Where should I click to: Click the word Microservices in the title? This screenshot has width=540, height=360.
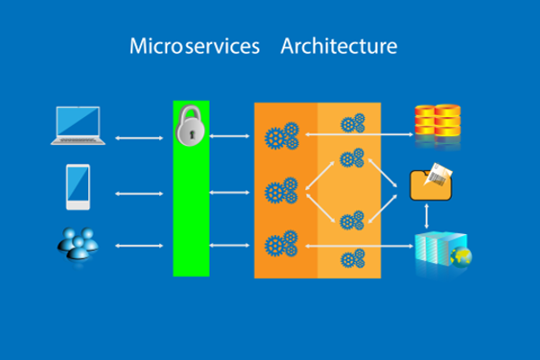(x=194, y=46)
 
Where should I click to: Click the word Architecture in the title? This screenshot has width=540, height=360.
(x=339, y=46)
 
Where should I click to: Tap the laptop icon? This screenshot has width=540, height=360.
(x=78, y=125)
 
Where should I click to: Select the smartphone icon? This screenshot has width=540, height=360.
(x=78, y=186)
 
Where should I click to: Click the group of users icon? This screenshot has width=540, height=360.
(x=78, y=244)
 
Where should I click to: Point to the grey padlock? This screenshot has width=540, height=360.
(x=190, y=125)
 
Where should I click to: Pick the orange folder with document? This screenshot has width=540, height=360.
(x=431, y=182)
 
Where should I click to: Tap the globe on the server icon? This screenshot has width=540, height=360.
(x=461, y=257)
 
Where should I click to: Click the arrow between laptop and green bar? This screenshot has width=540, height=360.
(x=139, y=138)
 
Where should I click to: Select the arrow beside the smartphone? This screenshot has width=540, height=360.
(x=139, y=194)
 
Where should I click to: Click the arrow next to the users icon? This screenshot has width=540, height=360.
(x=139, y=246)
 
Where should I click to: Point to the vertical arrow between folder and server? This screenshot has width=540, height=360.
(x=427, y=216)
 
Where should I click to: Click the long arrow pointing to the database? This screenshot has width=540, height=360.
(x=359, y=134)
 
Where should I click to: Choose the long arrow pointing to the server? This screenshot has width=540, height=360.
(x=359, y=246)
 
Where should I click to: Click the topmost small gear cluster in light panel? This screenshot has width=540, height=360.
(x=353, y=123)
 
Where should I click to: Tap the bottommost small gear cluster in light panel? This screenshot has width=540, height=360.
(x=353, y=258)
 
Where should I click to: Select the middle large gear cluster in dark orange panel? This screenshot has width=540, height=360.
(x=282, y=191)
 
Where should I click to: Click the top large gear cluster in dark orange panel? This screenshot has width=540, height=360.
(x=282, y=136)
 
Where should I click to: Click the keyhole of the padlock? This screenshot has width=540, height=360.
(x=192, y=134)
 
